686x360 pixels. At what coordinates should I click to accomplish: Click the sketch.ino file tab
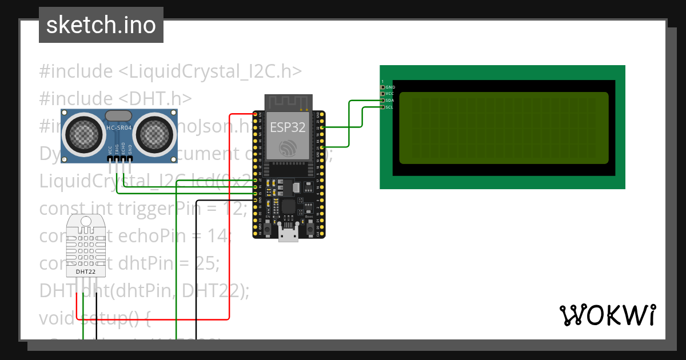click(x=101, y=25)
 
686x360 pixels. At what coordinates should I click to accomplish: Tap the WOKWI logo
click(x=607, y=315)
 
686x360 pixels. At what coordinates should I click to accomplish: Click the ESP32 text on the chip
click(x=288, y=127)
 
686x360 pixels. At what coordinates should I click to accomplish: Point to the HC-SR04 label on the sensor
click(x=118, y=128)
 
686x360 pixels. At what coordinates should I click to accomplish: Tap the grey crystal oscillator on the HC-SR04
click(x=118, y=116)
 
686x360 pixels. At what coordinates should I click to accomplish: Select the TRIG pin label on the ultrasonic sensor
click(x=117, y=149)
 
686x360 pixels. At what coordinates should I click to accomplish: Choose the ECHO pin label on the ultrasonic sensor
click(x=123, y=149)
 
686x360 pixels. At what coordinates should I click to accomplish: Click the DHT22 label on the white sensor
click(x=86, y=271)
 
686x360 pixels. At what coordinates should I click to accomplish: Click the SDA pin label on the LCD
click(x=389, y=101)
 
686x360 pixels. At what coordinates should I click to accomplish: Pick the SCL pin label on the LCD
click(x=389, y=107)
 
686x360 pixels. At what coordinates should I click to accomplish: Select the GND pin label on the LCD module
click(x=390, y=87)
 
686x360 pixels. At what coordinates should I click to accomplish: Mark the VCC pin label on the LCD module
click(x=389, y=94)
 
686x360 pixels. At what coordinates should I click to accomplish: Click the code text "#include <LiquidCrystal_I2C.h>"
click(x=170, y=71)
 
